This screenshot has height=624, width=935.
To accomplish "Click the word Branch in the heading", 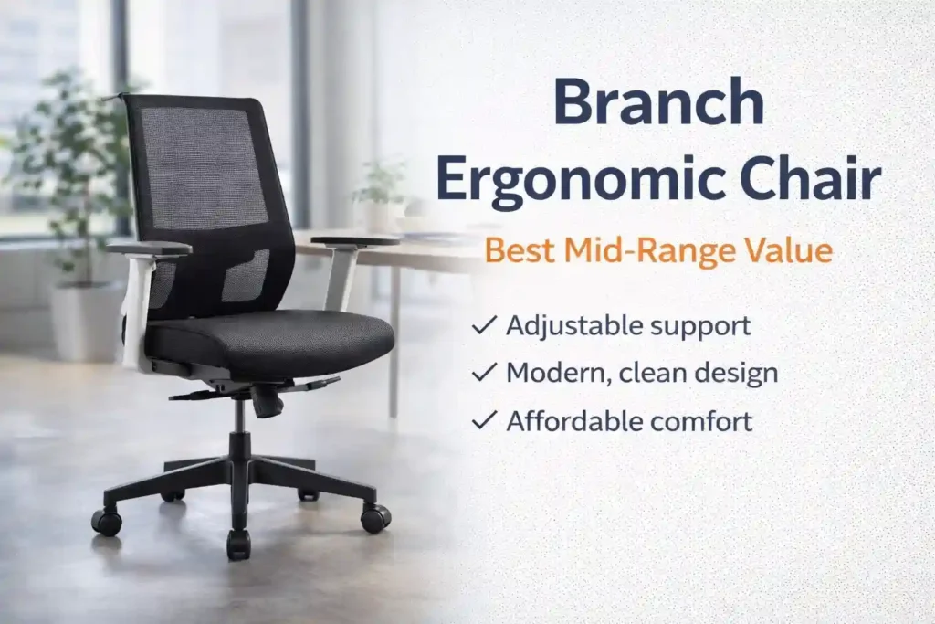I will [658, 102].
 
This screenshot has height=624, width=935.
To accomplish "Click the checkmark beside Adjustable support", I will [485, 324].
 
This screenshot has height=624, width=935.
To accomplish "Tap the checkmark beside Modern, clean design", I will [485, 373].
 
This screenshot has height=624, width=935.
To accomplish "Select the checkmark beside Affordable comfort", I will [485, 421].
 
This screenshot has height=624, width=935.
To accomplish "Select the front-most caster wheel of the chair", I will [238, 545].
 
